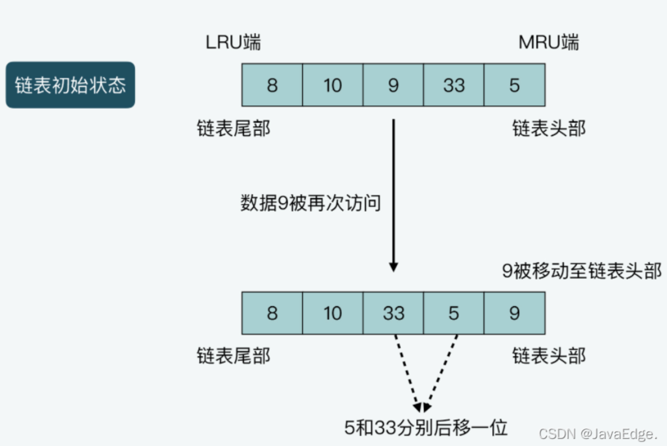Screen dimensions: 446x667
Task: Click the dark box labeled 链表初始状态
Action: [70, 85]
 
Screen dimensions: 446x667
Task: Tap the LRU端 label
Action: [233, 42]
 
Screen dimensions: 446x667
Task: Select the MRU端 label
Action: [548, 42]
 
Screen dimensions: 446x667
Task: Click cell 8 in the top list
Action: [272, 85]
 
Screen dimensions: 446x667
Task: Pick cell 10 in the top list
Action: [332, 85]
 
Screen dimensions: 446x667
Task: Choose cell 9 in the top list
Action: [393, 85]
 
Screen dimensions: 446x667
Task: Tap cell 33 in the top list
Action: [454, 85]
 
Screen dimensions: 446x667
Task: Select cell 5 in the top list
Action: [514, 85]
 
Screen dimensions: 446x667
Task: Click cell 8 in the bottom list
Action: [272, 313]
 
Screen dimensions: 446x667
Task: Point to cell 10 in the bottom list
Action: [332, 313]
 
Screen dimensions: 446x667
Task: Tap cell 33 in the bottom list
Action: [393, 313]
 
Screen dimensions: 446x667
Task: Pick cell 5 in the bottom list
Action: [454, 313]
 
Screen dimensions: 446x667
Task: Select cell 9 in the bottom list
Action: [514, 313]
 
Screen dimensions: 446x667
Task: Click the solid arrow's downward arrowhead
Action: [393, 267]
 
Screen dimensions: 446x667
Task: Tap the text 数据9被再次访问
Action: [310, 203]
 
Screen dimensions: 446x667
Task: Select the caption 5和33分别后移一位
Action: [425, 428]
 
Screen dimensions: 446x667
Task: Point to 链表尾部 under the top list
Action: [234, 129]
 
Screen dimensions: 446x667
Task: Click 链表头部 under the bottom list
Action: [549, 356]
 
